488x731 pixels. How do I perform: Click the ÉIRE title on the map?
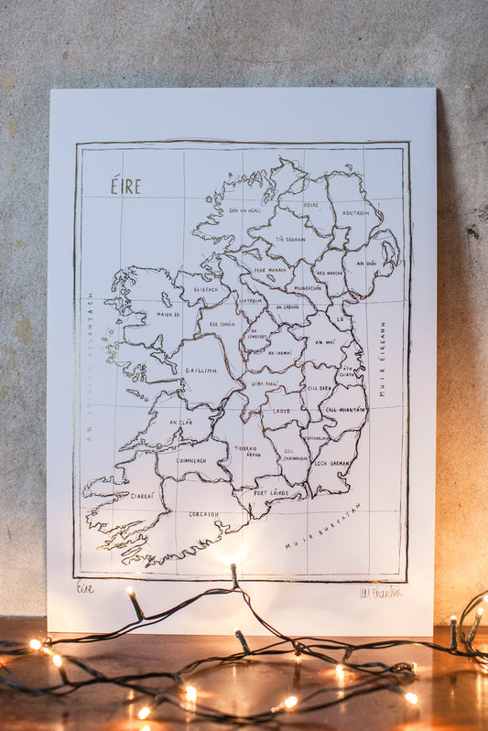click(x=125, y=187)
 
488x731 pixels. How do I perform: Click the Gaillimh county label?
click(x=201, y=371)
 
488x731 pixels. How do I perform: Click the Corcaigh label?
click(x=203, y=514)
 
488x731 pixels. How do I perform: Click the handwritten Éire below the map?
click(x=85, y=588)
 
